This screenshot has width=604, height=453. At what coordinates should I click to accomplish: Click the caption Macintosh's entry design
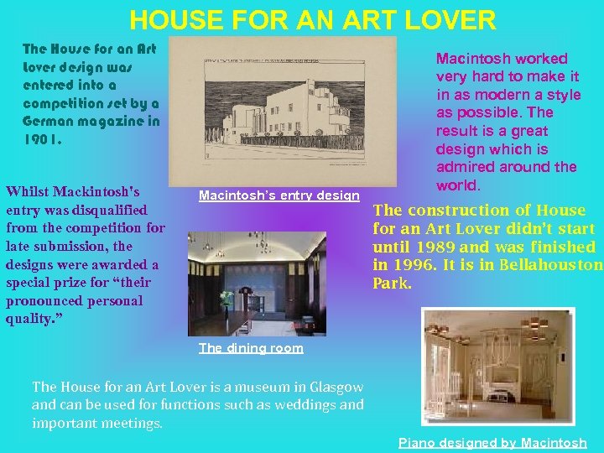pyautogui.click(x=279, y=196)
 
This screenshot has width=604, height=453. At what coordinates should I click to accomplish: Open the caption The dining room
pyautogui.click(x=251, y=348)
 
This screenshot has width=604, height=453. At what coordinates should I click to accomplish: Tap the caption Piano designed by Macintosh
pyautogui.click(x=492, y=443)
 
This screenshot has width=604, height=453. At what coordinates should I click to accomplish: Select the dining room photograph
pyautogui.click(x=257, y=284)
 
